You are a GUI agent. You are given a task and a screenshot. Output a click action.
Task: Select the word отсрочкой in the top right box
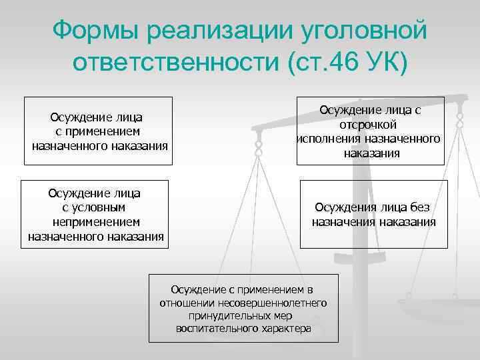point(371,125)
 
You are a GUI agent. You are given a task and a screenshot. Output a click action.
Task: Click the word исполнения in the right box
point(329,139)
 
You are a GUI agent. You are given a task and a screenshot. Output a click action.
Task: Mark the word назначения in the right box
point(343,222)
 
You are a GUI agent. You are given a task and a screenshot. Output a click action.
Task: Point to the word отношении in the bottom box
point(184,303)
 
